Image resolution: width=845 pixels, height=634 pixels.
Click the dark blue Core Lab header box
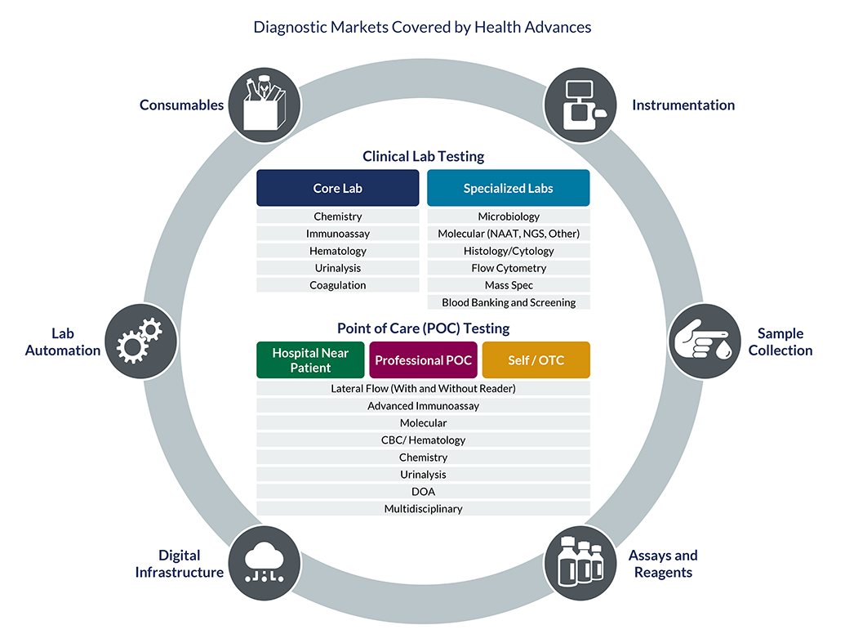[337, 188]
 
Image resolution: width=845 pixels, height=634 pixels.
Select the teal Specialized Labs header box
[508, 188]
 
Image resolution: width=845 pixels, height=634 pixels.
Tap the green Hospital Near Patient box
[310, 360]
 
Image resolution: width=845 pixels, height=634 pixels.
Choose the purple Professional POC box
[423, 360]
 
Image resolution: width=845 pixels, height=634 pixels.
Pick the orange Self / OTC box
[536, 360]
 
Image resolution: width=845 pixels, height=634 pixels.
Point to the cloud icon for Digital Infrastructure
[260, 564]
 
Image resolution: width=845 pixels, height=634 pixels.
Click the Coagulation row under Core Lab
[337, 285]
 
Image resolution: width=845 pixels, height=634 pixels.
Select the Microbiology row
[508, 217]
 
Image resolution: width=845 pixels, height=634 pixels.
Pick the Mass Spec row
[508, 285]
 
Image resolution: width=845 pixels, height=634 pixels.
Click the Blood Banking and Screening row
[508, 302]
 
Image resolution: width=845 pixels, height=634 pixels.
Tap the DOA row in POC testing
[423, 492]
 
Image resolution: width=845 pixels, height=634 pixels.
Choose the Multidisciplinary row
[423, 509]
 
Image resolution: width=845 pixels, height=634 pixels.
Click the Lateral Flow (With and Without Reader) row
[423, 388]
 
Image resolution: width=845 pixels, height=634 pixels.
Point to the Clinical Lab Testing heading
[423, 156]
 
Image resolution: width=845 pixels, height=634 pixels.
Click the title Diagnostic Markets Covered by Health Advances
[422, 27]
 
